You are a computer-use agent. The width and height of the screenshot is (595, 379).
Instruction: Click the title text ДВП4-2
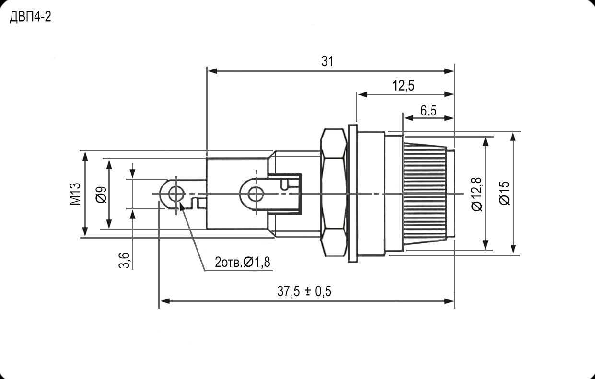click(30, 18)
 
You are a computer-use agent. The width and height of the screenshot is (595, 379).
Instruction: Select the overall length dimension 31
click(327, 61)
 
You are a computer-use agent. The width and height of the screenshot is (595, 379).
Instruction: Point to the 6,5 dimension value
click(428, 111)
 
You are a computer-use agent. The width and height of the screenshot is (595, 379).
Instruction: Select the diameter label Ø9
click(101, 194)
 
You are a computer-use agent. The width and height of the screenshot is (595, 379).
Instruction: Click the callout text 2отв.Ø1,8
click(243, 262)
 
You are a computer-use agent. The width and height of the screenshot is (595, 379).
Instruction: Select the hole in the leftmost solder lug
click(176, 194)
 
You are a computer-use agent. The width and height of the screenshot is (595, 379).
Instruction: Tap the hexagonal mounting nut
click(334, 194)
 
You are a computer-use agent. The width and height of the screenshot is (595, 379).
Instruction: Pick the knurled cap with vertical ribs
click(427, 194)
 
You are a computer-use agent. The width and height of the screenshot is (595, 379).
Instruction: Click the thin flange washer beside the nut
click(353, 194)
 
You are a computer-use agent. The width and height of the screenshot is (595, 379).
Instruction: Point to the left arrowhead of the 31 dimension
click(211, 71)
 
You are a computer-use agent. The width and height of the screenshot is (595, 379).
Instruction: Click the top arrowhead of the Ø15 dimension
click(513, 136)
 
